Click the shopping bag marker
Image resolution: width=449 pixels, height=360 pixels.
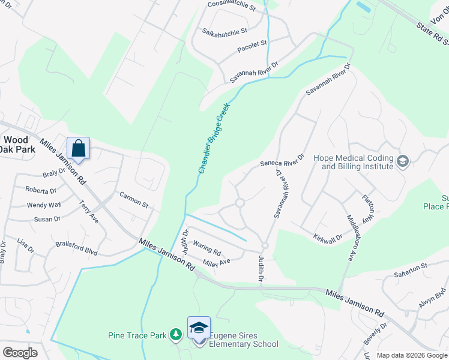pos(79,148)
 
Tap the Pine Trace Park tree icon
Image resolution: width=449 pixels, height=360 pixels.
pos(175,334)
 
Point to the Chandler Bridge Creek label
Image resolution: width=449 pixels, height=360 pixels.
pos(214,138)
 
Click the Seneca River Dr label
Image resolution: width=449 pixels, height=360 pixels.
pos(282,161)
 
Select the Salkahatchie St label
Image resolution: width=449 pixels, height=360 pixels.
pos(225,31)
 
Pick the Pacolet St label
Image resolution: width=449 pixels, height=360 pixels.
pos(252,44)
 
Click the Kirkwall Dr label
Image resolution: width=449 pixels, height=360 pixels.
pos(328,238)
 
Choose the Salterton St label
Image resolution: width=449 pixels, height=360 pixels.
pos(410,266)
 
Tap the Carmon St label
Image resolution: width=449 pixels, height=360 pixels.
pos(134,200)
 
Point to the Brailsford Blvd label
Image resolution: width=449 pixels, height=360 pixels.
pos(76,248)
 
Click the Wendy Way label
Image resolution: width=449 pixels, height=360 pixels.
pos(44,205)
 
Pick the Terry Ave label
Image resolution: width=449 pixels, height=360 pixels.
pos(89,212)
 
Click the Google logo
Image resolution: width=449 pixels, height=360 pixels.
pos(20,353)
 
